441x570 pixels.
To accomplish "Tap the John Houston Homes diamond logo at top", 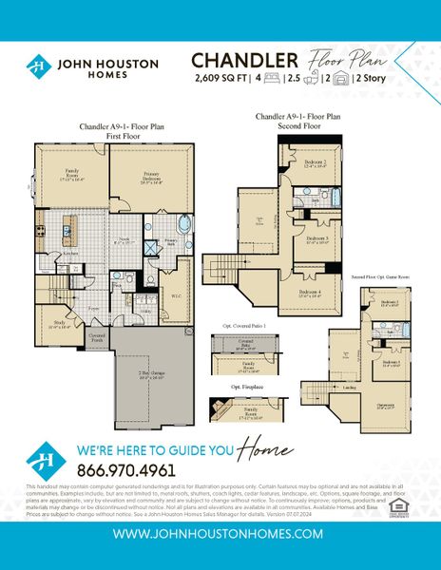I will [x=39, y=66].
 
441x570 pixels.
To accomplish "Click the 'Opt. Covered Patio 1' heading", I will [x=239, y=327].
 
